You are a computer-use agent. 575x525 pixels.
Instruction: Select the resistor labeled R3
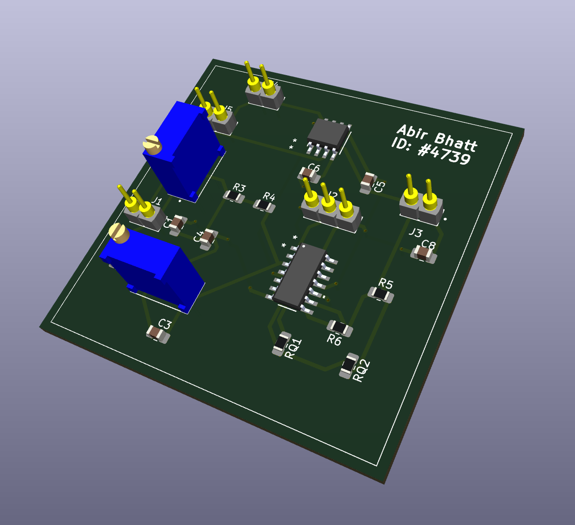(x=233, y=195)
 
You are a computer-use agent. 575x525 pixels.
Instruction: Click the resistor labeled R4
(x=264, y=205)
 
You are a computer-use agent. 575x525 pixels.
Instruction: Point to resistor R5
(x=381, y=295)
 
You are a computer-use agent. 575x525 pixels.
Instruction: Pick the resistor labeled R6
(x=340, y=327)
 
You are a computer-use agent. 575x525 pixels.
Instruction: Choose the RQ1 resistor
(x=281, y=342)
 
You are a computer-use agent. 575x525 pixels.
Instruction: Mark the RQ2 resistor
(x=349, y=365)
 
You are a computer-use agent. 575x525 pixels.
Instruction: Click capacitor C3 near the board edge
(x=157, y=333)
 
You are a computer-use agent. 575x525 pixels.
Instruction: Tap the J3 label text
(x=415, y=233)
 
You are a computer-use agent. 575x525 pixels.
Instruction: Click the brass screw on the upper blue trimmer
(x=153, y=145)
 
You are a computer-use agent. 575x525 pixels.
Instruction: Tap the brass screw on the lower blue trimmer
(x=119, y=233)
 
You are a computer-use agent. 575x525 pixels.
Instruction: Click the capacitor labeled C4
(x=207, y=237)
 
